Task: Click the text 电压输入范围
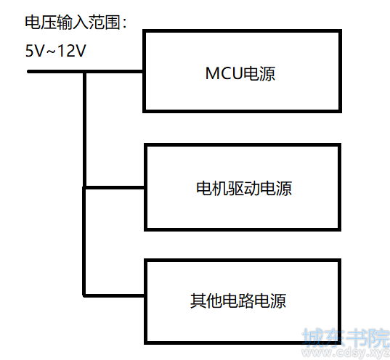click(73, 22)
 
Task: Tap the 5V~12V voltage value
click(56, 51)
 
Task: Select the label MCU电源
click(240, 73)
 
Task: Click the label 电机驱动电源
click(244, 189)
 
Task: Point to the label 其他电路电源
click(238, 300)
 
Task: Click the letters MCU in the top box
click(224, 73)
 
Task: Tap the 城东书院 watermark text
click(346, 337)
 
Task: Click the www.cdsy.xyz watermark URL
click(346, 353)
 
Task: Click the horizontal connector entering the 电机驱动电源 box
click(115, 187)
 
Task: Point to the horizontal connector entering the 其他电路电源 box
click(115, 295)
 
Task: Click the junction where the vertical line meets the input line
click(85, 72)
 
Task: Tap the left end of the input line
click(28, 72)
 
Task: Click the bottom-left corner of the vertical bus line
click(84, 295)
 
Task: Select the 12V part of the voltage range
click(72, 51)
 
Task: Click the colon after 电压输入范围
click(125, 23)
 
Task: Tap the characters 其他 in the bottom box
click(206, 300)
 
